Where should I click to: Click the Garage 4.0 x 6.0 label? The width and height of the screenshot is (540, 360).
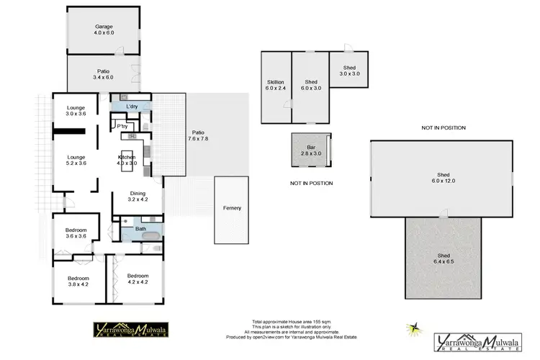coord(103,30)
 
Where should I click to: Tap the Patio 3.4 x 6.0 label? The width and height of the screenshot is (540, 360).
coord(103,74)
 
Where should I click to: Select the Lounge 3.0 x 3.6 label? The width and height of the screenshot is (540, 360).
coord(76,111)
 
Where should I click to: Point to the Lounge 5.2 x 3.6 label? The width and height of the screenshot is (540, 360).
coord(76,160)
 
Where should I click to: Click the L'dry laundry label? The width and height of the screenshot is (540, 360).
coord(131,107)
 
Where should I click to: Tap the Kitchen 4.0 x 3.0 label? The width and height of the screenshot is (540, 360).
coord(127,160)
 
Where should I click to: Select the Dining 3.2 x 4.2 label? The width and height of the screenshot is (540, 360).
coord(138,197)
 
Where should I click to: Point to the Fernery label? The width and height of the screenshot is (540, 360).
coord(232,208)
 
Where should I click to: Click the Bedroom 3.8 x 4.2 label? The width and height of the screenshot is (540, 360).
coord(78,281)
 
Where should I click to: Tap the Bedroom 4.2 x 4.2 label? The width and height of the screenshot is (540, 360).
coord(137,279)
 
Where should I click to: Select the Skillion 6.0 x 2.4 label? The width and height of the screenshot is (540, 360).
coord(276,85)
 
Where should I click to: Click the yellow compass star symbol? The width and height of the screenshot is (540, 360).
coord(414,328)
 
